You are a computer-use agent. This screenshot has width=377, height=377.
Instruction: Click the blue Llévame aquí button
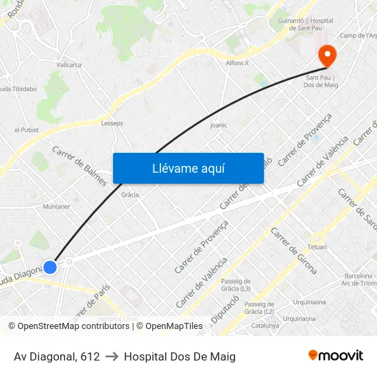click(188, 168)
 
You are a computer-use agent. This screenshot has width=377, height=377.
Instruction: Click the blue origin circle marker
click(50, 267)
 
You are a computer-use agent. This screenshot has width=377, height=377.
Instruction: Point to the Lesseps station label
click(112, 123)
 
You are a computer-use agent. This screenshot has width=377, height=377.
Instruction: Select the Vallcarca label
click(69, 65)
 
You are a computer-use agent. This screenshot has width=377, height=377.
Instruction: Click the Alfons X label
click(237, 62)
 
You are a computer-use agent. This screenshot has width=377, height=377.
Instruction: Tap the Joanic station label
click(219, 125)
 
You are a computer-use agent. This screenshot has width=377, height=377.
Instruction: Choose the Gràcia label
click(130, 195)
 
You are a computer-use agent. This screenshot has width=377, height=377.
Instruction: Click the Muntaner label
click(56, 206)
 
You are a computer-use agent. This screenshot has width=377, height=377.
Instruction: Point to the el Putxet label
click(27, 130)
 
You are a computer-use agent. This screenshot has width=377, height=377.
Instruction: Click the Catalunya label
click(265, 326)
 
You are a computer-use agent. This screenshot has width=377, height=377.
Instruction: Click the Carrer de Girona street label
click(294, 250)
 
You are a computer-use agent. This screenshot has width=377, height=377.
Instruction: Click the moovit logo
click(335, 355)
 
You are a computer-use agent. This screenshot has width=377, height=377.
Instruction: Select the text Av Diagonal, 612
click(57, 356)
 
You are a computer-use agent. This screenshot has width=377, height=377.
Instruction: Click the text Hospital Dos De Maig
click(180, 356)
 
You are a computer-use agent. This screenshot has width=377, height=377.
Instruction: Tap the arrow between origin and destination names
click(112, 356)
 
